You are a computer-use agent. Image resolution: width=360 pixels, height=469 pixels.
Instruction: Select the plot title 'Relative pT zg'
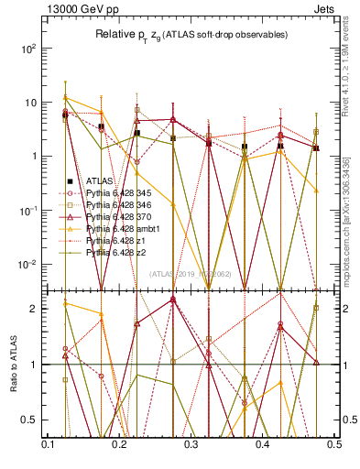pos(137,35)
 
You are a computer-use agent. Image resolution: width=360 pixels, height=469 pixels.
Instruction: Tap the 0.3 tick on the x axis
pos(191,443)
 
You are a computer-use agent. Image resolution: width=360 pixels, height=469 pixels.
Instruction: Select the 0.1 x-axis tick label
pos(48,443)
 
